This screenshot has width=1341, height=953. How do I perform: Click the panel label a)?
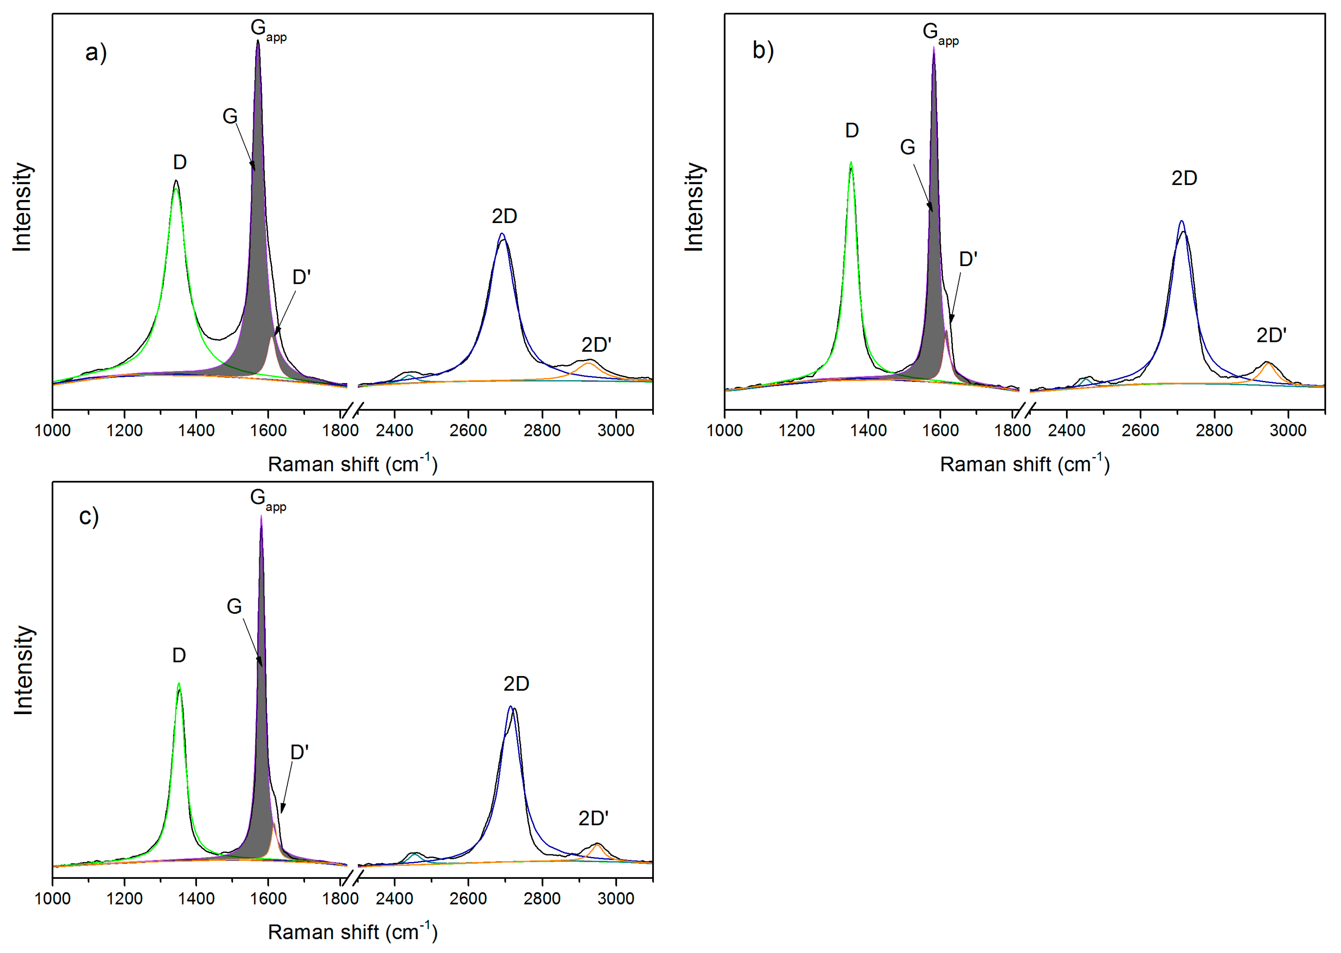click(x=96, y=53)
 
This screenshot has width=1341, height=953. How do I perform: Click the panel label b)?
click(x=763, y=51)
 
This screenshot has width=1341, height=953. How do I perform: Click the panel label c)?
click(x=89, y=516)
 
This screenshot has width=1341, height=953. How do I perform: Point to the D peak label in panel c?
click(x=179, y=655)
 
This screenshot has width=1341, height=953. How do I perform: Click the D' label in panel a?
click(x=301, y=277)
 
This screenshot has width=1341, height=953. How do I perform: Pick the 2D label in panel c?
click(x=516, y=684)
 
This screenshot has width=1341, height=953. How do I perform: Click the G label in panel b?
click(x=907, y=147)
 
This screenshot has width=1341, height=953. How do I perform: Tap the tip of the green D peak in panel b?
click(x=851, y=163)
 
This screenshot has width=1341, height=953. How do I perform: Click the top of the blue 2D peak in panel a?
click(x=501, y=234)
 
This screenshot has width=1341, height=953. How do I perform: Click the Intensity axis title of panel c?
click(x=23, y=670)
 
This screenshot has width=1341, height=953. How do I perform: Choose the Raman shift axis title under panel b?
click(x=1024, y=464)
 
